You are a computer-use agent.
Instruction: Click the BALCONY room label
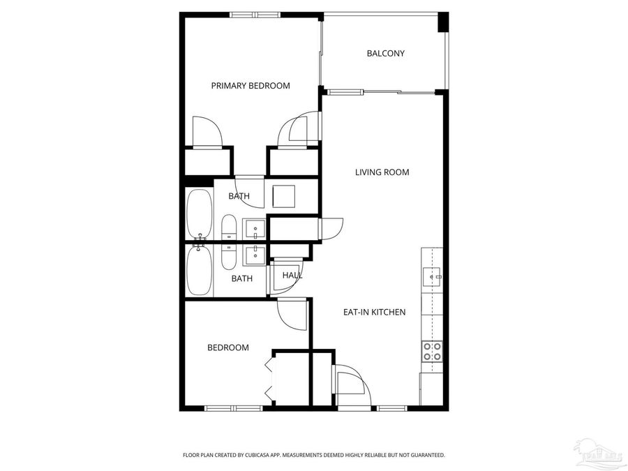[385, 54]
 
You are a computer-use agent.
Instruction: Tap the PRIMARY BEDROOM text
[251, 86]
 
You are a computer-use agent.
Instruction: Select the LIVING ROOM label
[382, 172]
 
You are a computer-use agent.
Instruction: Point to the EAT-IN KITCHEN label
[374, 312]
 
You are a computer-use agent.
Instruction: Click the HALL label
[292, 276]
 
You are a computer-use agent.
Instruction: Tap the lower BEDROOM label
[228, 347]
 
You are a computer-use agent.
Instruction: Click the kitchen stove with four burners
[432, 351]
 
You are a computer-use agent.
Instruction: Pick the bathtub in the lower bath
[198, 271]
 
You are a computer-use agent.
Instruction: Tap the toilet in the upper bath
[229, 228]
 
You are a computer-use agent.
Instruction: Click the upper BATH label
[239, 197]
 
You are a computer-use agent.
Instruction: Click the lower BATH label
[242, 278]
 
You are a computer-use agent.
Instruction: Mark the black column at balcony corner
[442, 22]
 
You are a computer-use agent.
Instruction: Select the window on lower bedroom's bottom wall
[233, 408]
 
